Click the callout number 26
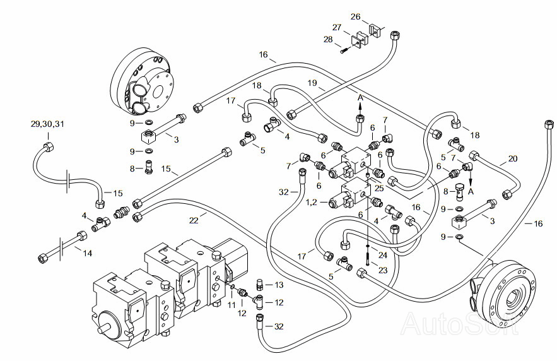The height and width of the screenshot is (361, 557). point(355,16)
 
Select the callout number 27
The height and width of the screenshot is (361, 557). point(337,27)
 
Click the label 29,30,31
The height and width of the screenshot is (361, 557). point(47,124)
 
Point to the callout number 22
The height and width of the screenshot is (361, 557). point(194,221)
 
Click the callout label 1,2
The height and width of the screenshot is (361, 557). point(312,202)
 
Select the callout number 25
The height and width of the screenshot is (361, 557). point(379,188)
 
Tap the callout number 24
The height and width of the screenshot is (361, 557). point(382,255)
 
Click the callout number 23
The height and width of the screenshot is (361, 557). point(382,270)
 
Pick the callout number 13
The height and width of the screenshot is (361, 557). point(279,285)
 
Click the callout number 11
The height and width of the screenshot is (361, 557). point(232,305)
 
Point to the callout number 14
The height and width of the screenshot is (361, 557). point(88,253)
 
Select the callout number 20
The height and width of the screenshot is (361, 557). point(513,158)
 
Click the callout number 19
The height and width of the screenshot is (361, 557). point(312,83)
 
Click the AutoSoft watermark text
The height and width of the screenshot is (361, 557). point(460,323)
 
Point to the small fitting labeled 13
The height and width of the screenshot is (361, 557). point(260,284)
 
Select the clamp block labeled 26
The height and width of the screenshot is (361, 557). point(375,30)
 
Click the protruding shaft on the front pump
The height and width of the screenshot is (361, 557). point(104,329)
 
